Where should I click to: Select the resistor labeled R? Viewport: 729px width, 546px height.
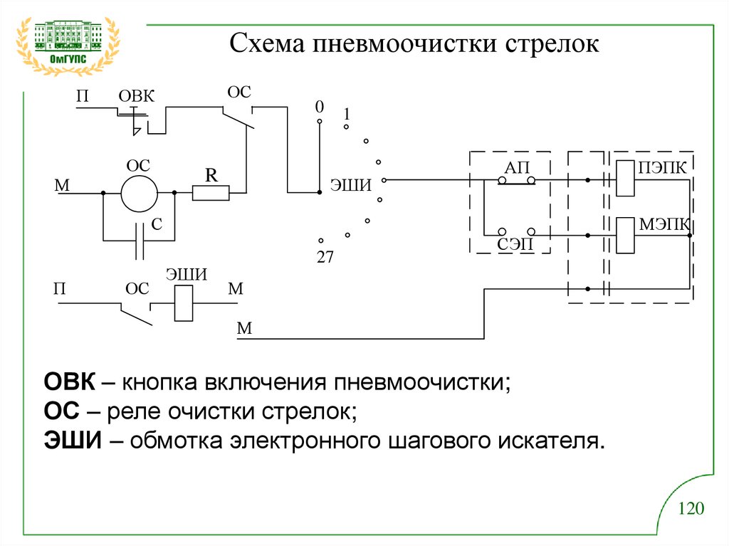[x=211, y=192]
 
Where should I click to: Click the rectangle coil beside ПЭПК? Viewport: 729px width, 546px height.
[x=624, y=179]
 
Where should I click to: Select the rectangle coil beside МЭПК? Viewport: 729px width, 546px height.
[x=624, y=235]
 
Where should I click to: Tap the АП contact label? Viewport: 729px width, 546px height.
[x=517, y=168]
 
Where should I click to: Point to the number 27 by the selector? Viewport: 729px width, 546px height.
[x=325, y=258]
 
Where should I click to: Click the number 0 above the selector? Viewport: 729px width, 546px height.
[x=320, y=107]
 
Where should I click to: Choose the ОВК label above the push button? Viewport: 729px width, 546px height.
[x=136, y=96]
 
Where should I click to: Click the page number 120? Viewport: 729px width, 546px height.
[x=691, y=508]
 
